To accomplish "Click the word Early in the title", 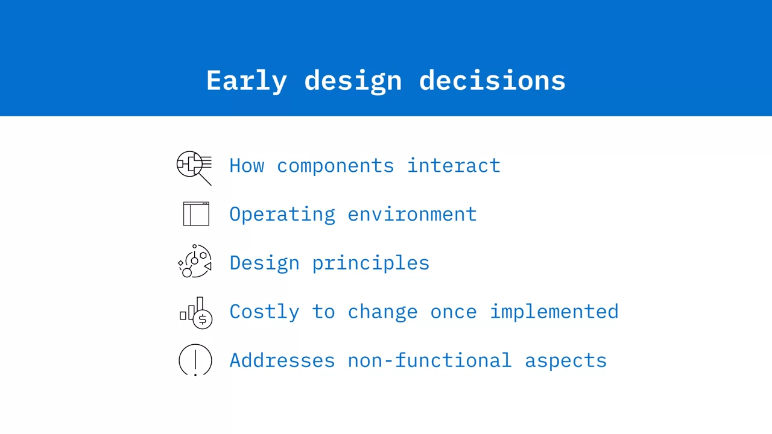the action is [x=247, y=81].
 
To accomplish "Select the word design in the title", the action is [x=353, y=81].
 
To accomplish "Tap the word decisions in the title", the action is [x=492, y=80].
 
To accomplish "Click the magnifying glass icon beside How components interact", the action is [x=194, y=168].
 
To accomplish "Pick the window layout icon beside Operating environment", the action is [x=196, y=214].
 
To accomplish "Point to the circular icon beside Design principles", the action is [x=195, y=261].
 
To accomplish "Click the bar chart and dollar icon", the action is [x=196, y=313].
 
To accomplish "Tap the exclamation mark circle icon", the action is [x=195, y=360].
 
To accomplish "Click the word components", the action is [x=335, y=166].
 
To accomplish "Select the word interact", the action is [x=454, y=165].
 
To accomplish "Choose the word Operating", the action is [x=282, y=215].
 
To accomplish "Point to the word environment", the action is [x=412, y=214].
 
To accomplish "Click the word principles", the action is [x=371, y=264].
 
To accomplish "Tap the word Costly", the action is [x=264, y=312].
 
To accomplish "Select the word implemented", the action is [x=554, y=312].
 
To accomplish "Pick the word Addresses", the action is [x=282, y=360].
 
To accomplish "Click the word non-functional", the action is [x=429, y=360].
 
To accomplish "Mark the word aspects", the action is [x=566, y=361].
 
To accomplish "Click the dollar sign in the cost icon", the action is [x=203, y=319].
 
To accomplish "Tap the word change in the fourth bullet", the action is [x=382, y=312].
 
